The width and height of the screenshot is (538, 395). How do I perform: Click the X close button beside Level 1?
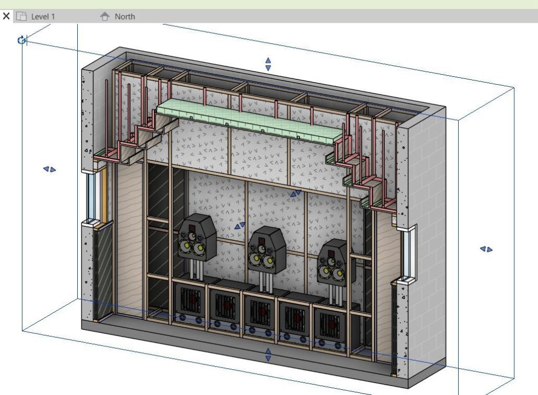click(x=6, y=16)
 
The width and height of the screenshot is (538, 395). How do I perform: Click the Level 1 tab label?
click(x=43, y=16)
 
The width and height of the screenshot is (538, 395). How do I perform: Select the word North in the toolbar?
click(x=125, y=16)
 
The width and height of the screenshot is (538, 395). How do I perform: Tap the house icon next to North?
click(x=105, y=16)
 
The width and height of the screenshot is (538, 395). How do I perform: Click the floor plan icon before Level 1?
click(x=22, y=16)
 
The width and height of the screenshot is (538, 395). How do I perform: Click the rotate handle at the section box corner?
click(x=22, y=40)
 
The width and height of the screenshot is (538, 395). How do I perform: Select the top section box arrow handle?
click(x=268, y=64)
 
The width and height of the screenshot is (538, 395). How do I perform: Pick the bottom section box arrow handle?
click(x=268, y=355)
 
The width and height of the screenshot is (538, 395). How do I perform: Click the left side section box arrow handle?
click(x=49, y=169)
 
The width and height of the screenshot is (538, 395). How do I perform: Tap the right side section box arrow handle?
click(x=486, y=249)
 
